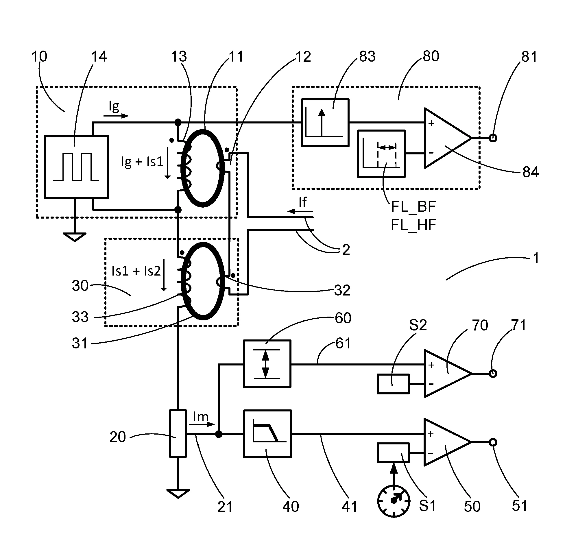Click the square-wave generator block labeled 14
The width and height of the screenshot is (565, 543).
pos(76,167)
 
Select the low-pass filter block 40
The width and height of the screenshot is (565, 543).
pos(267,434)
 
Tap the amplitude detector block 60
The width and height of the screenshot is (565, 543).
pos(267,364)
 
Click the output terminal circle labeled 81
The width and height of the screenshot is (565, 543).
pos(493,138)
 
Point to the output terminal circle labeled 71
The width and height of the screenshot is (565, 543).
pos(493,373)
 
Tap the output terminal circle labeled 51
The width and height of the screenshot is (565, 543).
pos(493,442)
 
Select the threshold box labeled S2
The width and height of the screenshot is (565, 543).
pos(393,384)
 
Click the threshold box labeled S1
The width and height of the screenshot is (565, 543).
pos(393,452)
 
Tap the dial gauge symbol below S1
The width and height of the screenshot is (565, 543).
pos(394,500)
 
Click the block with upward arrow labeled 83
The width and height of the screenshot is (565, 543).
pos(325,123)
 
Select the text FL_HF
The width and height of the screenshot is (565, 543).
pos(413,225)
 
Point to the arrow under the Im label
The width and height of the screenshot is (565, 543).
pos(202,424)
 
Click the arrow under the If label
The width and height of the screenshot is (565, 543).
pos(300,211)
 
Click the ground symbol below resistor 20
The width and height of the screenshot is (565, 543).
pos(178,494)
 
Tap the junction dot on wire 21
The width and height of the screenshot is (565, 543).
pos(219,434)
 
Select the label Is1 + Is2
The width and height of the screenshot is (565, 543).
pos(136,271)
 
